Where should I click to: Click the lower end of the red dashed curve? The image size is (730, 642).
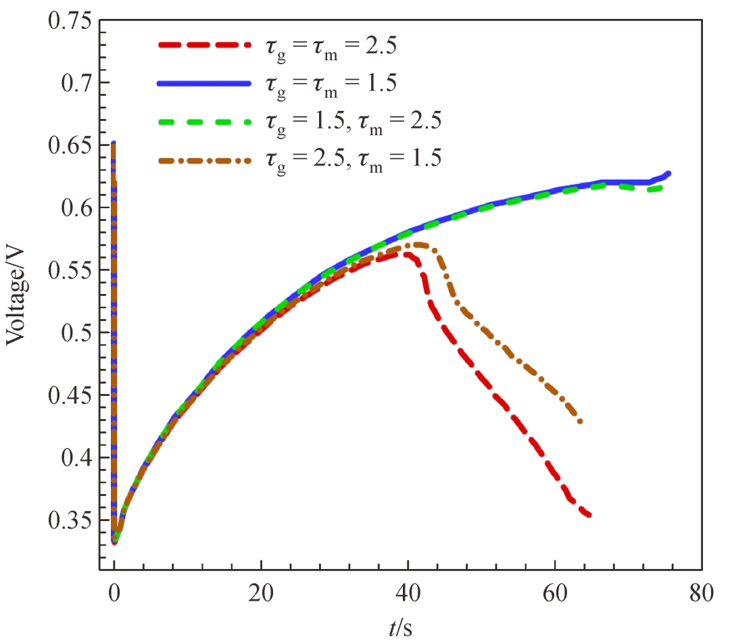pyautogui.click(x=589, y=515)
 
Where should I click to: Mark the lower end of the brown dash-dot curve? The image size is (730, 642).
pyautogui.click(x=580, y=422)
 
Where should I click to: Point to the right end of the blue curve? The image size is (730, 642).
pyautogui.click(x=668, y=174)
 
